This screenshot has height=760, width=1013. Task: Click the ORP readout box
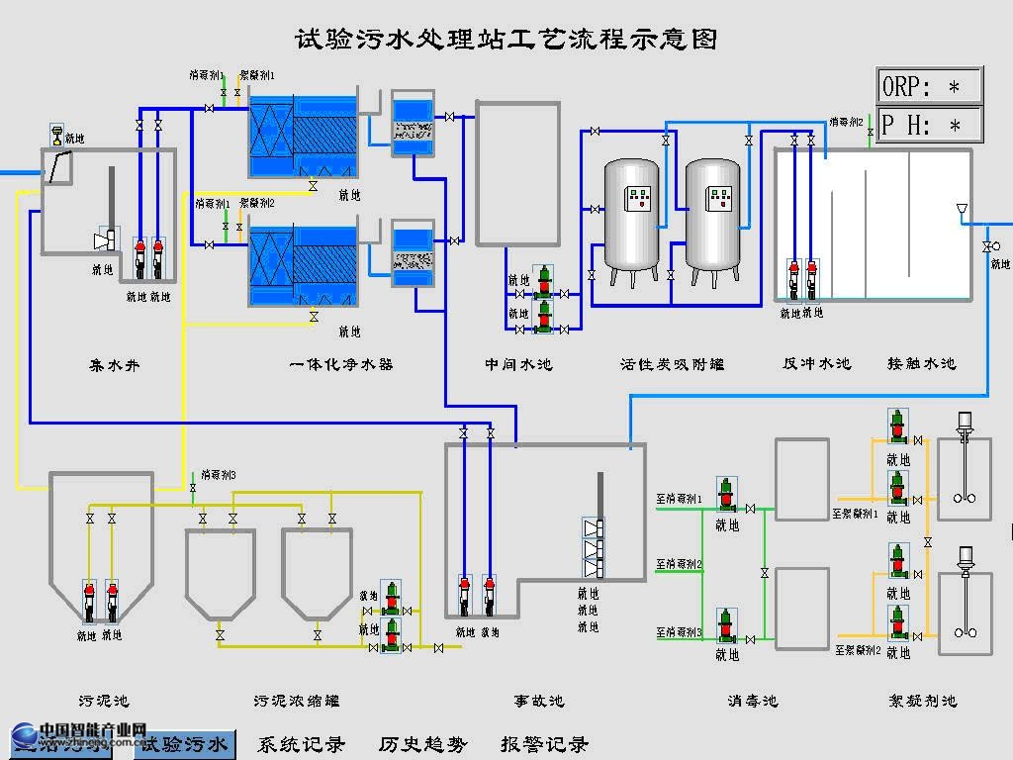click(929, 86)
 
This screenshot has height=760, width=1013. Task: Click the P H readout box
click(929, 126)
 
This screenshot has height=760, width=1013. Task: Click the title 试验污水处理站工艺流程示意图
click(506, 40)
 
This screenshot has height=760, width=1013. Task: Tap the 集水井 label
click(115, 365)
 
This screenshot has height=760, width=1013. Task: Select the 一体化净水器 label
click(341, 364)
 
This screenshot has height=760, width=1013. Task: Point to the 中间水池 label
click(518, 364)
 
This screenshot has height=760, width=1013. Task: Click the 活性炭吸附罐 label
click(672, 364)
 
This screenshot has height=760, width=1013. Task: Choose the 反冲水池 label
click(816, 363)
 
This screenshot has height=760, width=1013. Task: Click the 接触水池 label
click(922, 363)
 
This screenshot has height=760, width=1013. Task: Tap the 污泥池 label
click(103, 701)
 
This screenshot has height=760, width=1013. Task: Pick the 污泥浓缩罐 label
click(297, 701)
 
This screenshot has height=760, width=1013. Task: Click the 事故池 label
click(539, 701)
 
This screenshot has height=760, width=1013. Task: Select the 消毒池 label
click(753, 701)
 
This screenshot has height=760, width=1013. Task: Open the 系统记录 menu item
click(302, 744)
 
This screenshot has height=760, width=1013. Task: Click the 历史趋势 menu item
click(422, 744)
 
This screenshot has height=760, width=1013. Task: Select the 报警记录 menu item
click(544, 744)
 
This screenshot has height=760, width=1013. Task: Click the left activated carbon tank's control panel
click(640, 198)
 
